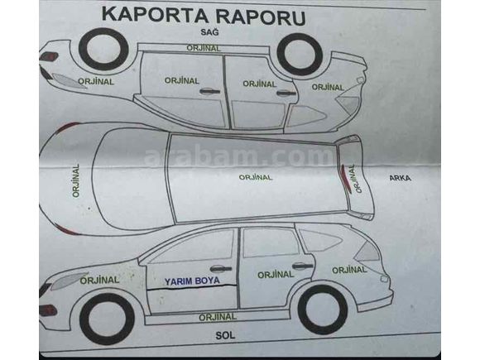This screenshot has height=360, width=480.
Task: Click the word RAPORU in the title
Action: coord(261,17)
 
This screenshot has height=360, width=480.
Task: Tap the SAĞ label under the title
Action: coord(210,31)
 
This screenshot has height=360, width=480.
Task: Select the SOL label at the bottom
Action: coord(225,335)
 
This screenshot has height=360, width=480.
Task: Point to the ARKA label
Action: coord(400,178)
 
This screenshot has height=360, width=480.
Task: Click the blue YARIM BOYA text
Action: coord(192,281)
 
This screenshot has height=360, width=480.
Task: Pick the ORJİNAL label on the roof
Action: coord(255,177)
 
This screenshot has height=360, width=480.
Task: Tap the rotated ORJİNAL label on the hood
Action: coord(76,180)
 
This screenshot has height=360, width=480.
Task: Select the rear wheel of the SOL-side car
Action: coord(323,310)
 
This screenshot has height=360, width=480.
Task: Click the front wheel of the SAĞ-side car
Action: coord(103,50)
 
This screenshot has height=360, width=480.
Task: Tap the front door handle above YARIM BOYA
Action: coord(221,268)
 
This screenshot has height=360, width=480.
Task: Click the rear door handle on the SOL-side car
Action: coord(302,266)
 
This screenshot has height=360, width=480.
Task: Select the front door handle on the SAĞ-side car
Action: coord(210,91)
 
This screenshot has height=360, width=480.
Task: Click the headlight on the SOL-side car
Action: coord(68,281)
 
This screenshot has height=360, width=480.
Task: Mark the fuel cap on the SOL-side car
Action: coord(384,279)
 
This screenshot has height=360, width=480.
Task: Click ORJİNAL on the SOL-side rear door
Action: coord(276,275)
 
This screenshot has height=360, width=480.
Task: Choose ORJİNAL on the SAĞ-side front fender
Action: coord(96,81)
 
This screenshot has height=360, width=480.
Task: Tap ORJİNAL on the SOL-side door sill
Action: coord(218,317)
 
